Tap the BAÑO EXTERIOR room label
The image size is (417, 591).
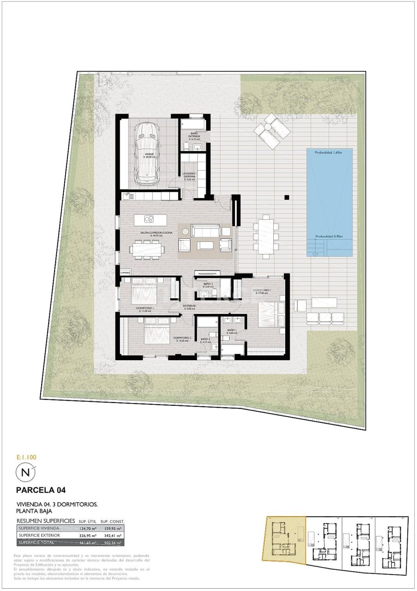point(194,135)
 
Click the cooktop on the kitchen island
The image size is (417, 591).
point(149,219)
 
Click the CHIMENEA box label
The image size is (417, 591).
point(125,273)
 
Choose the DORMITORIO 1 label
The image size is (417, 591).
point(261,291)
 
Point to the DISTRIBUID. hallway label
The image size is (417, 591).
point(190,306)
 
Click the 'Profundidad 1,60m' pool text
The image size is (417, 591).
point(330,152)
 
